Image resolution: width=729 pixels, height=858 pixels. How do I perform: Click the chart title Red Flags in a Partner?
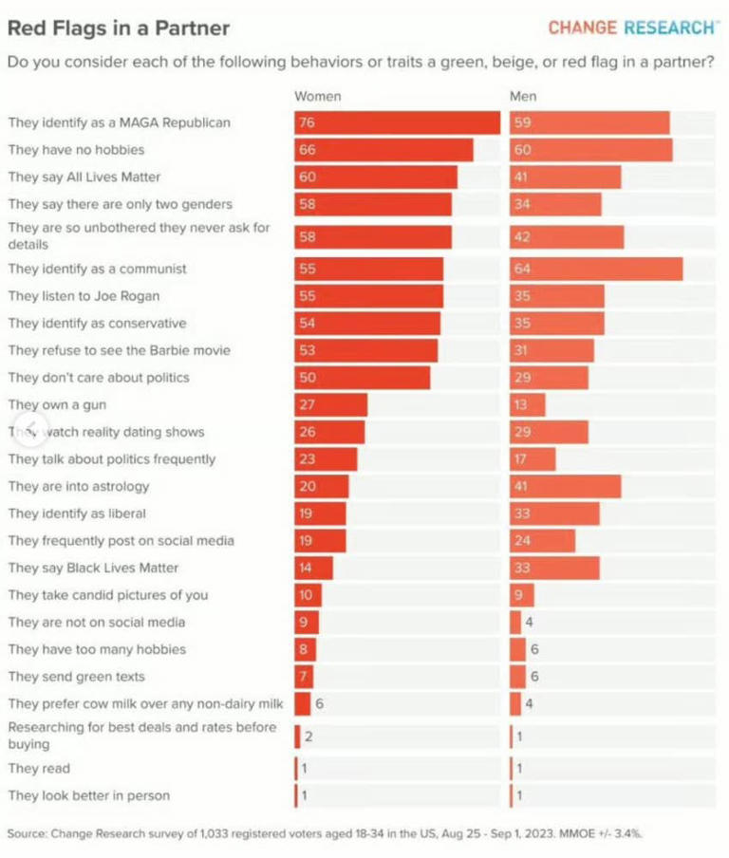pyautogui.click(x=119, y=28)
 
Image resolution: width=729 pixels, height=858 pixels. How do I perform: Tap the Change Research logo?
pyautogui.click(x=632, y=28)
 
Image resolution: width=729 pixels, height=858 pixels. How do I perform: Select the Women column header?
pyautogui.click(x=317, y=97)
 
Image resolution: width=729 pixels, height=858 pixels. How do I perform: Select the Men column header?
pyautogui.click(x=523, y=97)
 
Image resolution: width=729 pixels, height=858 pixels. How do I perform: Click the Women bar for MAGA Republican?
pyautogui.click(x=397, y=122)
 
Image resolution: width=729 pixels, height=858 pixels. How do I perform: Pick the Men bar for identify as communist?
pyautogui.click(x=596, y=269)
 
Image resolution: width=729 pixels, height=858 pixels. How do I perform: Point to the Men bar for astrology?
pyautogui.click(x=565, y=486)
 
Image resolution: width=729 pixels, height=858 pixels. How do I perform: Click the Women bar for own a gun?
pyautogui.click(x=330, y=404)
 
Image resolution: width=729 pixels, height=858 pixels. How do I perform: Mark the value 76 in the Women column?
pyautogui.click(x=306, y=122)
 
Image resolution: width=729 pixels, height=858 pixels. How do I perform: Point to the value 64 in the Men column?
pyautogui.click(x=522, y=269)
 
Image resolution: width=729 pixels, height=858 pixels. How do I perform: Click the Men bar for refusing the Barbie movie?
pyautogui.click(x=551, y=350)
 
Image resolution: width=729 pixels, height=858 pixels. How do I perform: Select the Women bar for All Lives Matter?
pyautogui.click(x=376, y=177)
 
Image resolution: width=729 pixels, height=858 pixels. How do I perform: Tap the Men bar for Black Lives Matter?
pyautogui.click(x=554, y=568)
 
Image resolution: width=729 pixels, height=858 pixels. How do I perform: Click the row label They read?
pyautogui.click(x=39, y=768)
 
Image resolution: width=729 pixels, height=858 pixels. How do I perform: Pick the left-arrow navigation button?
pyautogui.click(x=28, y=429)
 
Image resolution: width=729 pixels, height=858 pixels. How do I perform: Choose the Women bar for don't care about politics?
pyautogui.click(x=362, y=377)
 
